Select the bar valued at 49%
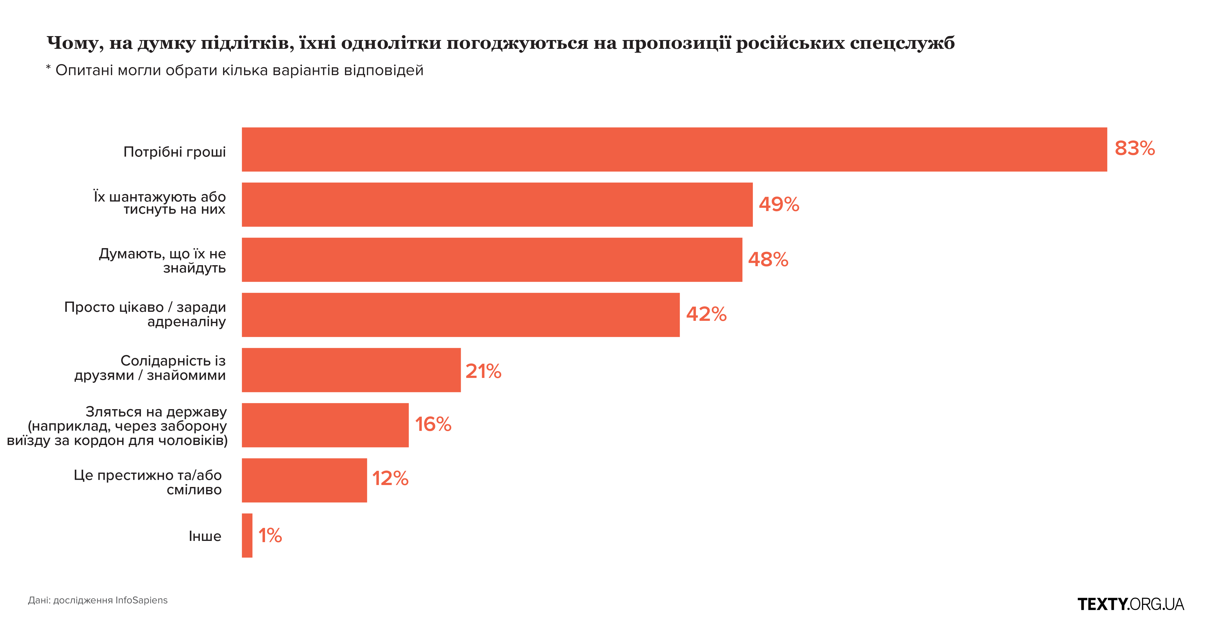497,205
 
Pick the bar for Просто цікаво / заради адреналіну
461,315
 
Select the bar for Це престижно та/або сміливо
304,480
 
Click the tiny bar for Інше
247,535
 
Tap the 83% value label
1134,149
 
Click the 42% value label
706,314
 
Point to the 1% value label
270,536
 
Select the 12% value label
390,478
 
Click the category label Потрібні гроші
175,152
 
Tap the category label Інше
205,536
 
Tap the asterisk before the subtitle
48,69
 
